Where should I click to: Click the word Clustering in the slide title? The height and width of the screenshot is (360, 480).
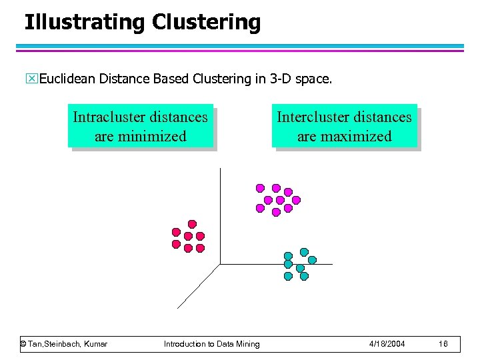tap(206, 22)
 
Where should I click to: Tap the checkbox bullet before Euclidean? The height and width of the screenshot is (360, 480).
tap(33, 79)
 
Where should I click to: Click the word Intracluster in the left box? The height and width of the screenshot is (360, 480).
tap(111, 117)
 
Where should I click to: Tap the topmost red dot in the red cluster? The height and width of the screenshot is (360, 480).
tap(192, 224)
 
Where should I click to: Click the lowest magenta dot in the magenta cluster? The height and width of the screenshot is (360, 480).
tap(276, 213)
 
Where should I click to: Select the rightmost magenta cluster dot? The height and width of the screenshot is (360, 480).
tap(296, 199)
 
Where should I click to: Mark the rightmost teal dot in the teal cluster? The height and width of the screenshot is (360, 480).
tap(312, 260)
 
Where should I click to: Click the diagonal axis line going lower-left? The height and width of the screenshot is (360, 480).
tap(198, 287)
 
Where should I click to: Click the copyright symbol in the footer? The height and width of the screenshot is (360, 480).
tap(23, 344)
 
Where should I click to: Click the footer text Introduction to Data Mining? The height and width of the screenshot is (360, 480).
tap(212, 344)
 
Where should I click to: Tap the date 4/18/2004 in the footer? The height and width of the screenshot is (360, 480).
tap(387, 344)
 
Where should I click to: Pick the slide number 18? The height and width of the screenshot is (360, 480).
tap(443, 344)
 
